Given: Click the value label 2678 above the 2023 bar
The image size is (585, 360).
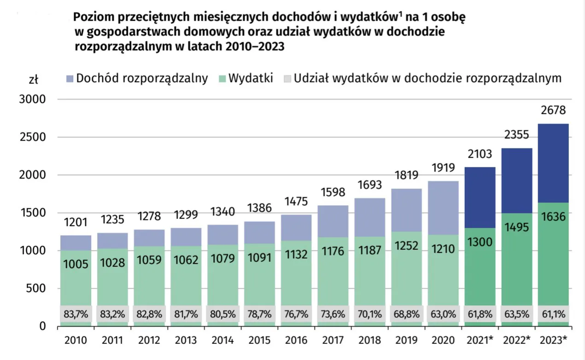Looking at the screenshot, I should tap(553, 111).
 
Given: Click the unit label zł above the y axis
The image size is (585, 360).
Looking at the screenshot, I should tap(33, 79).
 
